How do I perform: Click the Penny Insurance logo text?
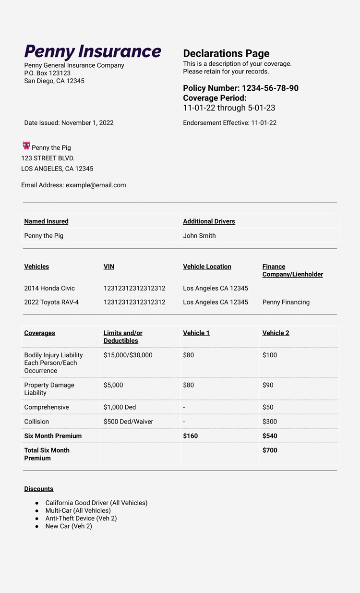click(x=93, y=51)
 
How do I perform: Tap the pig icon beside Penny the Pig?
click(x=26, y=145)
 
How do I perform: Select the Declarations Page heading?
click(x=226, y=53)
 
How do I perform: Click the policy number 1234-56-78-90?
click(x=270, y=88)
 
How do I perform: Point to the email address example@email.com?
click(x=96, y=185)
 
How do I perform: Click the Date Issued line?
click(x=69, y=123)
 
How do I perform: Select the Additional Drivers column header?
click(x=209, y=221)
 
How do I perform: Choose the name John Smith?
click(x=199, y=236)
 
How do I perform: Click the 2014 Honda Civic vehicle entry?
click(x=49, y=288)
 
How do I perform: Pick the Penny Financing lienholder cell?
click(x=286, y=302)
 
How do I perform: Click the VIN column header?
click(x=109, y=266)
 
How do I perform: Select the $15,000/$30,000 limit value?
click(x=128, y=355)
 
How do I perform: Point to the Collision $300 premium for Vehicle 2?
click(x=269, y=422)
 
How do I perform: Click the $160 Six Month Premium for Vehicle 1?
click(x=190, y=436)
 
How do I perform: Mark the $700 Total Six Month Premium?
click(x=270, y=450)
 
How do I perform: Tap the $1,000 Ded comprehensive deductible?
click(x=120, y=407)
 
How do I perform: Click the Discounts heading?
click(x=38, y=489)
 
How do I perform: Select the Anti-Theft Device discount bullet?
click(x=81, y=518)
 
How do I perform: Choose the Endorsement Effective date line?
click(x=229, y=123)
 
